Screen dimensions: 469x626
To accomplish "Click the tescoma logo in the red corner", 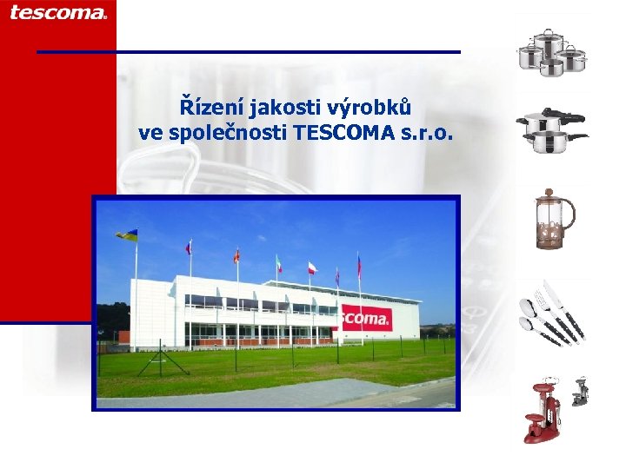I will pyautogui.click(x=58, y=12).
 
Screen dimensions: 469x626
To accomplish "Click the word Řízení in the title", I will pyautogui.click(x=211, y=108).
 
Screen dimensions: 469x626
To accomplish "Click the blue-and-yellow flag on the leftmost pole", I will pyautogui.click(x=127, y=235).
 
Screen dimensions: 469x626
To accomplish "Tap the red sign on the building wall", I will pyautogui.click(x=365, y=318).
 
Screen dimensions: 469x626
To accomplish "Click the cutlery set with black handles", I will pyautogui.click(x=551, y=314).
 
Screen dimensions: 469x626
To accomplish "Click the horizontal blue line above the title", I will pyautogui.click(x=249, y=52).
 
